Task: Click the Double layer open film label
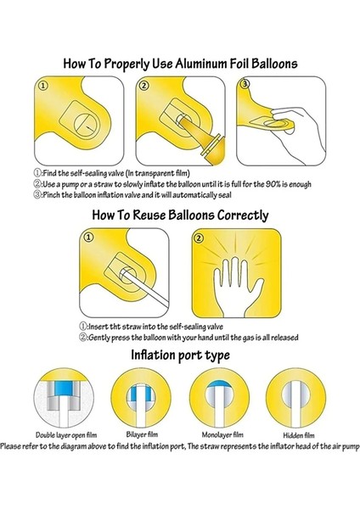[60, 433]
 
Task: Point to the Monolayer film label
[217, 433]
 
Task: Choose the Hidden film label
[293, 433]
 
